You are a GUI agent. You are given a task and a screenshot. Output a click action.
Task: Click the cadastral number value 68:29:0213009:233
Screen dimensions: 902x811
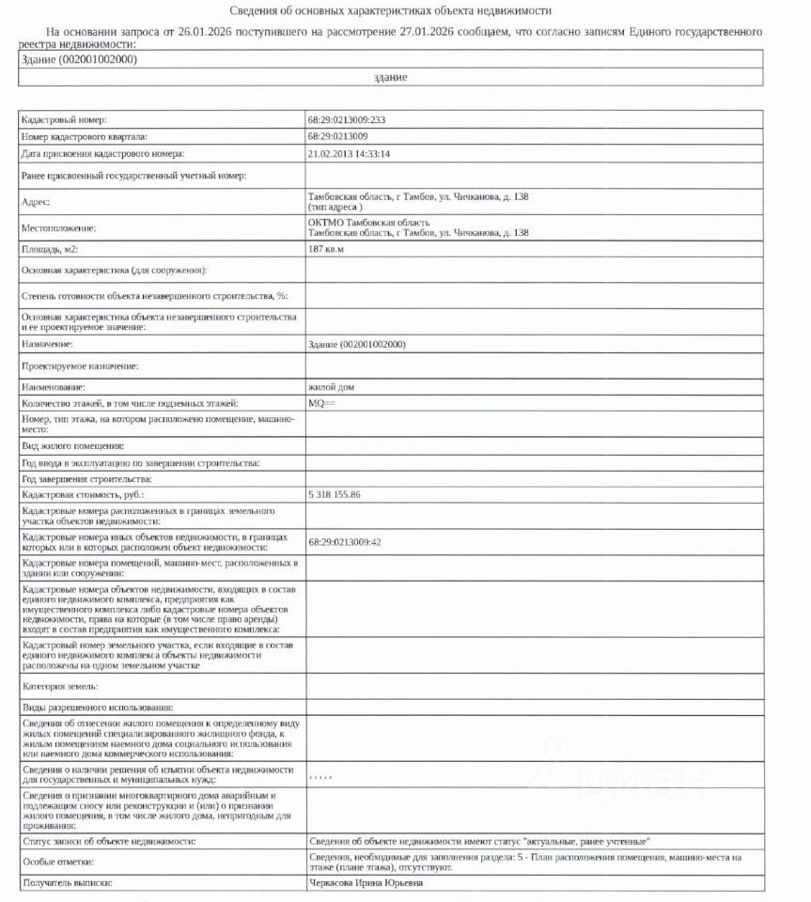click(x=347, y=120)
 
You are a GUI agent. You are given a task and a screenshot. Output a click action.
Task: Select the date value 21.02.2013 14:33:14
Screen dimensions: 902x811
click(x=349, y=153)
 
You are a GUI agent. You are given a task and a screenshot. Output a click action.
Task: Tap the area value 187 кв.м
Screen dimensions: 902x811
click(x=326, y=250)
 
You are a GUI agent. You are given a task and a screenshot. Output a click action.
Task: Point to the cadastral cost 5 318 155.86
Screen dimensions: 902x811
click(x=335, y=493)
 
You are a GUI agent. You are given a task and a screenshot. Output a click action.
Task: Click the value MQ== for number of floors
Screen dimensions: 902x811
click(x=321, y=402)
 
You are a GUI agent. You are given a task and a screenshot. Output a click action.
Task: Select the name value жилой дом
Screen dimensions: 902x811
click(x=331, y=386)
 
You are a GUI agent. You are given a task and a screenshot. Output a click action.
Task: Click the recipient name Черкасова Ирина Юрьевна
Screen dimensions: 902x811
click(x=366, y=882)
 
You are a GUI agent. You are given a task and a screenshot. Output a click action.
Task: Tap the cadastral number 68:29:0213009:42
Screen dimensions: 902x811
click(x=345, y=542)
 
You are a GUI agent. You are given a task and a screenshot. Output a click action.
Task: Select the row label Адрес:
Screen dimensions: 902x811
click(x=35, y=201)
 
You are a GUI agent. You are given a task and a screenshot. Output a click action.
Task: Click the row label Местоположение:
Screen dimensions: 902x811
click(x=58, y=227)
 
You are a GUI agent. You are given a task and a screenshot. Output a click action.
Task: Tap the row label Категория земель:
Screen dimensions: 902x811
click(x=59, y=687)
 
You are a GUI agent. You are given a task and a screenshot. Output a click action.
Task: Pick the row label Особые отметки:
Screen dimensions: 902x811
click(x=57, y=862)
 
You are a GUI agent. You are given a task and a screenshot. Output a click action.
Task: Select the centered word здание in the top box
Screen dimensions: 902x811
click(x=390, y=77)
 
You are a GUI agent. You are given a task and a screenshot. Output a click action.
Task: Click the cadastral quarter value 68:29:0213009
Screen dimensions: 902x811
click(x=337, y=137)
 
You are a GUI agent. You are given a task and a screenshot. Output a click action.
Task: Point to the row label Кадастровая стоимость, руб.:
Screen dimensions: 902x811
click(x=83, y=493)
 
